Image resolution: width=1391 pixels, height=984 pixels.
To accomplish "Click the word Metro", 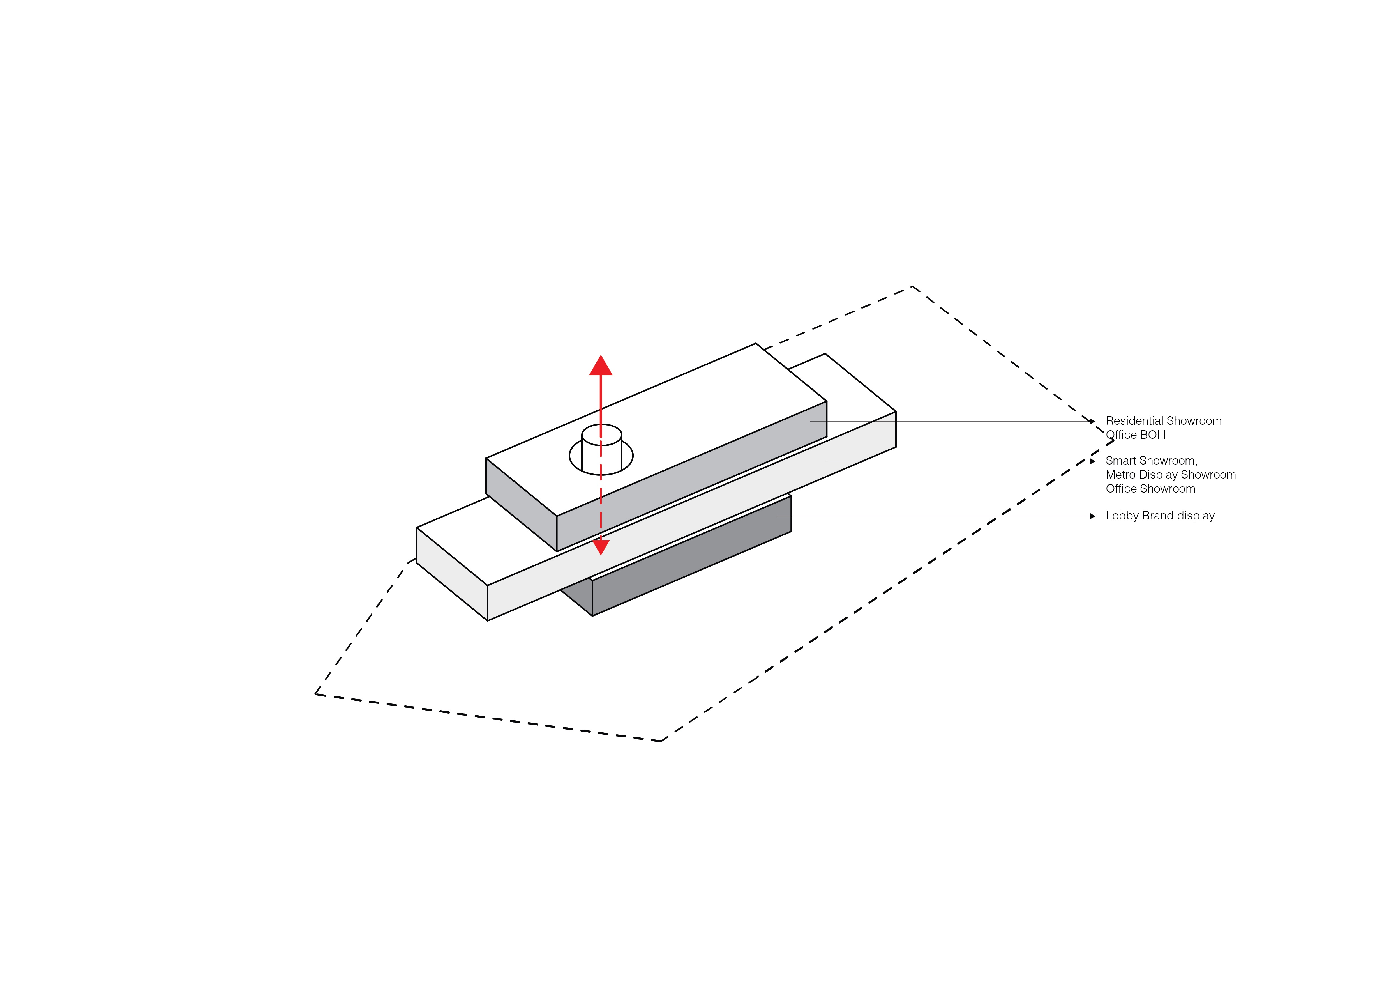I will point(1121,474).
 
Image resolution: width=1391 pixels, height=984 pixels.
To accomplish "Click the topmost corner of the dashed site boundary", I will point(912,287).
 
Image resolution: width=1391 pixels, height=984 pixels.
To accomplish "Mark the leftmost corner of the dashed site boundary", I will point(316,694).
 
